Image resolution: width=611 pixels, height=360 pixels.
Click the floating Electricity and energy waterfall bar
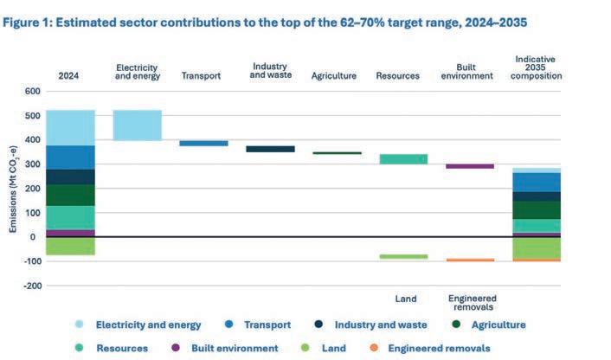point(138,125)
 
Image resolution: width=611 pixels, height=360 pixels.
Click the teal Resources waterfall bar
point(403,159)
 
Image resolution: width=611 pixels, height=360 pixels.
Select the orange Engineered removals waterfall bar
point(470,260)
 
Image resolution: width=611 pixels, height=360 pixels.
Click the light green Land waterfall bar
point(403,256)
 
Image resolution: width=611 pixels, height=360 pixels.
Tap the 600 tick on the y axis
point(32,91)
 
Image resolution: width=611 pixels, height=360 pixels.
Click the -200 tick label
point(30,285)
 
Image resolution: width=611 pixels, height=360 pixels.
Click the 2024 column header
point(70,75)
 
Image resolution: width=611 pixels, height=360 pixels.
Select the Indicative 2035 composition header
point(537,67)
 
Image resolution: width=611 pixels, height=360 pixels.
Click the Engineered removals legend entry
point(441,348)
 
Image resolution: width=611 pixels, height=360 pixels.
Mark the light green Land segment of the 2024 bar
point(71,246)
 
